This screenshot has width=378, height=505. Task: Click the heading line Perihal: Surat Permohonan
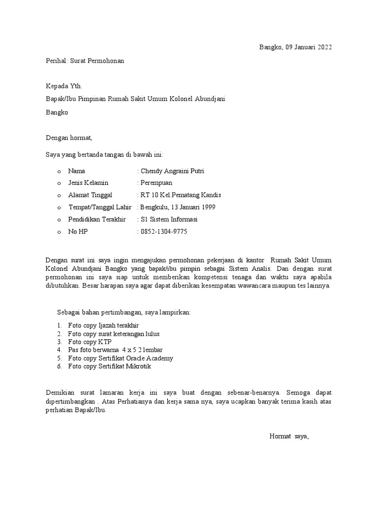pos(85,61)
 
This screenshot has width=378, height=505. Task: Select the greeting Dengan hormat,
pos(69,138)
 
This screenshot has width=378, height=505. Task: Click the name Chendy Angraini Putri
pos(172,171)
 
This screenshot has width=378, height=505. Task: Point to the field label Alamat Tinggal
pos(90,195)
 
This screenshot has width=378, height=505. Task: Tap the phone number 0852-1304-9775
pos(164,232)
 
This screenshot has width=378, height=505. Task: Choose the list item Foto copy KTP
pos(90,342)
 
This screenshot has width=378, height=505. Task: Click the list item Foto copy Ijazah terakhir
pos(103,325)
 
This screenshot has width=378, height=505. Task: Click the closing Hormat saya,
pos(289,436)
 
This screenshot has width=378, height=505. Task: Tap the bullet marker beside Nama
pos(59,172)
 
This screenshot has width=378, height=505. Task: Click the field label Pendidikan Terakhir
pos(97,219)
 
